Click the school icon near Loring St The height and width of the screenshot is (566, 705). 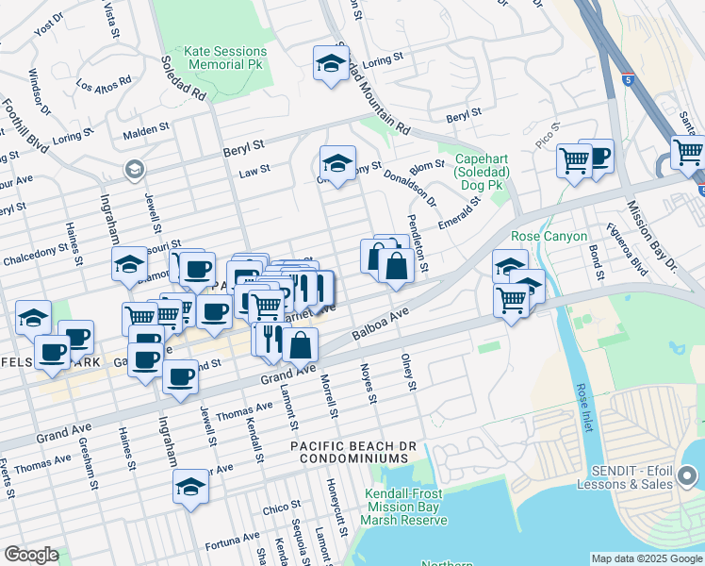[331, 64]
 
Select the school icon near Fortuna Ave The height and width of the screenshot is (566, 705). [189, 488]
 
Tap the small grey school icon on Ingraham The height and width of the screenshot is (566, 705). [134, 170]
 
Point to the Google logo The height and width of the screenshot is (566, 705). [31, 555]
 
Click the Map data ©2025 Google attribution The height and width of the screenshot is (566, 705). [646, 558]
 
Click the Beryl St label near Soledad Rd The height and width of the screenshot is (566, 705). [244, 148]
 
